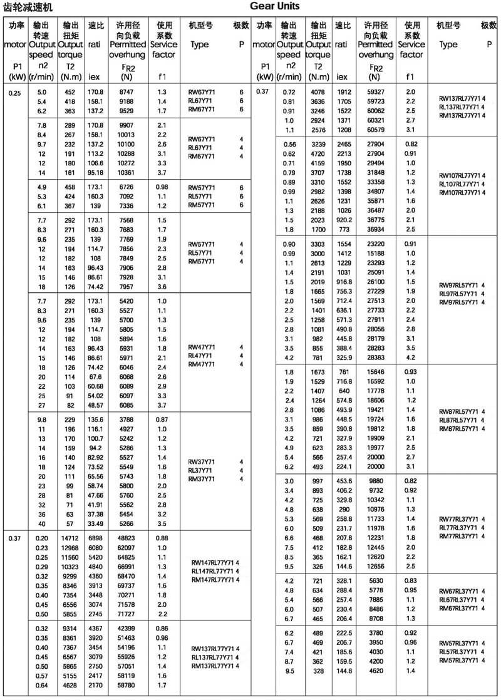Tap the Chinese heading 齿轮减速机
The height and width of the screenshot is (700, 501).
pos(28,7)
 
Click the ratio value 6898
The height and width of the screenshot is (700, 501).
pos(95,538)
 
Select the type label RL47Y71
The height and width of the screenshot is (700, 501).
pos(201,356)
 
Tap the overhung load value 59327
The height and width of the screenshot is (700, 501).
pos(374,92)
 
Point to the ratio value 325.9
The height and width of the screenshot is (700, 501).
pos(343,358)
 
